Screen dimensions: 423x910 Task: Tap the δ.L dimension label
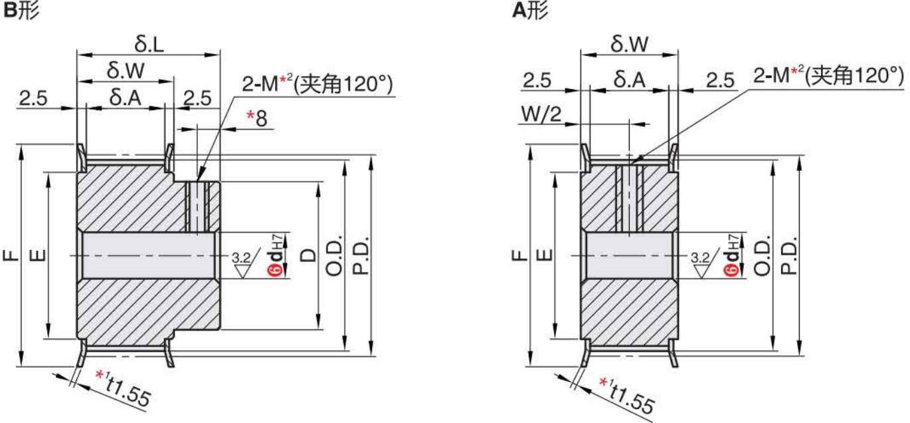point(149,45)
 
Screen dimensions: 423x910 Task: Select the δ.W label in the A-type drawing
point(629,45)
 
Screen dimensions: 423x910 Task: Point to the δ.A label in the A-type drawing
point(629,80)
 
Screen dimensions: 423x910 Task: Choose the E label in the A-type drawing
point(544,255)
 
